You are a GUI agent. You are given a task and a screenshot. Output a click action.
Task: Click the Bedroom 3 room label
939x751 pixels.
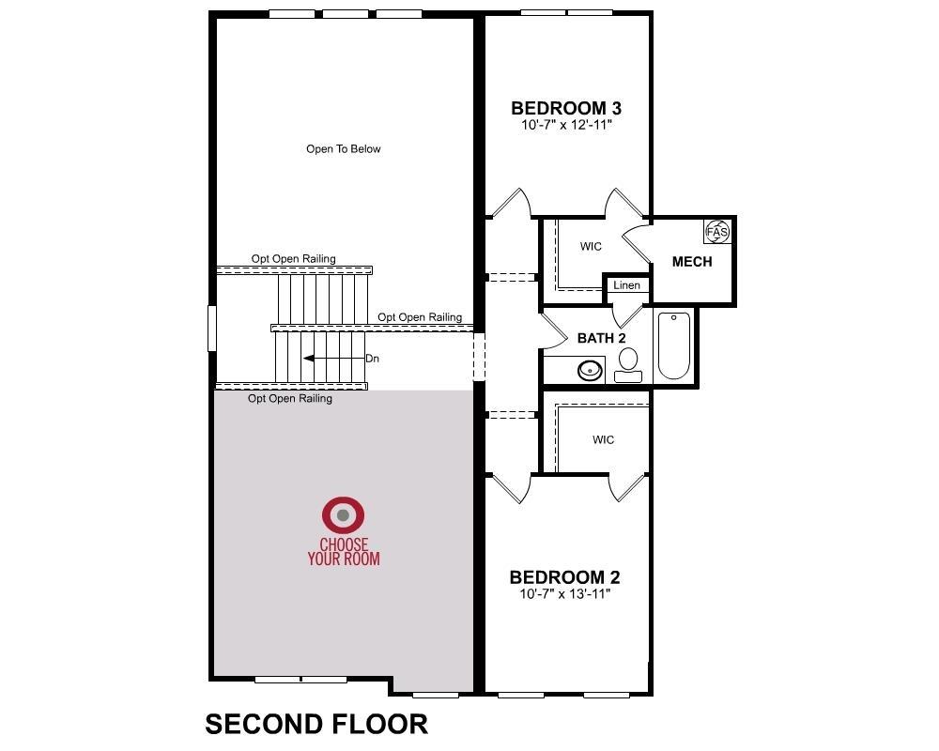566,108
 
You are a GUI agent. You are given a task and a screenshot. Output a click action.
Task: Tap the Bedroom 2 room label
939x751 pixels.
564,577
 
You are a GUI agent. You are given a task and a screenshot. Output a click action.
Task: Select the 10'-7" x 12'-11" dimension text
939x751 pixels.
566,125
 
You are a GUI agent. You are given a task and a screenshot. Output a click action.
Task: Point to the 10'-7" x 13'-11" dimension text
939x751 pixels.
564,593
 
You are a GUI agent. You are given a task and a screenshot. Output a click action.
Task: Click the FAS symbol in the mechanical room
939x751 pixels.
716,232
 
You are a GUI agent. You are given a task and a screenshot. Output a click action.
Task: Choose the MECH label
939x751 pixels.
692,262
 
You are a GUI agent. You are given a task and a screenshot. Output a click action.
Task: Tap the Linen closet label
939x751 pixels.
627,285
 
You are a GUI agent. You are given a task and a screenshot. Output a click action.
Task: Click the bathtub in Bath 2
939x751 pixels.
673,345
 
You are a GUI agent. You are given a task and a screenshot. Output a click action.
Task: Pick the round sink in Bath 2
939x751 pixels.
591,370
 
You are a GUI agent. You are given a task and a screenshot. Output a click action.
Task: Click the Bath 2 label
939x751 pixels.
601,338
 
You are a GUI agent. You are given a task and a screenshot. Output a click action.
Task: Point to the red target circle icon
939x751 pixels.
343,515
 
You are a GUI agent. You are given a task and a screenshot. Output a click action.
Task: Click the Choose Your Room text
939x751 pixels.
344,552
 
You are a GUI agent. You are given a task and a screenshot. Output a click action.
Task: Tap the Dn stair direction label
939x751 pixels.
373,359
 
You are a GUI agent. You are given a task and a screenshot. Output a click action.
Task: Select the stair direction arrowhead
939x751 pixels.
308,359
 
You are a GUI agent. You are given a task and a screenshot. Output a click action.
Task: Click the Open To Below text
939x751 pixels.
343,149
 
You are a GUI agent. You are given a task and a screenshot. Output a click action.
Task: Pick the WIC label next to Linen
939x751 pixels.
591,246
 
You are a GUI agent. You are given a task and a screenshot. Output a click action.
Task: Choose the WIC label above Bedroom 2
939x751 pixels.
603,439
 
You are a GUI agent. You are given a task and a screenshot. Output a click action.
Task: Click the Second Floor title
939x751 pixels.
316,724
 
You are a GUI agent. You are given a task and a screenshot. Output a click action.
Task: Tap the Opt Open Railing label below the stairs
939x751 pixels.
290,399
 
